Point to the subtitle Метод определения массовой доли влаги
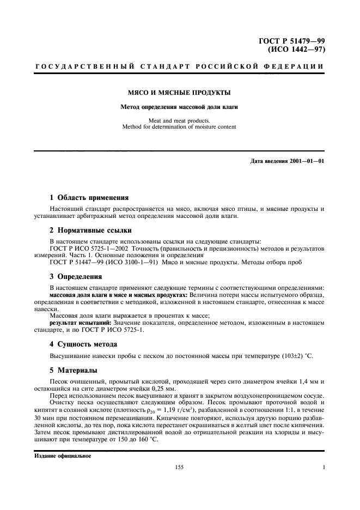coord(179,107)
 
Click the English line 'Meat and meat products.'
coord(179,121)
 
